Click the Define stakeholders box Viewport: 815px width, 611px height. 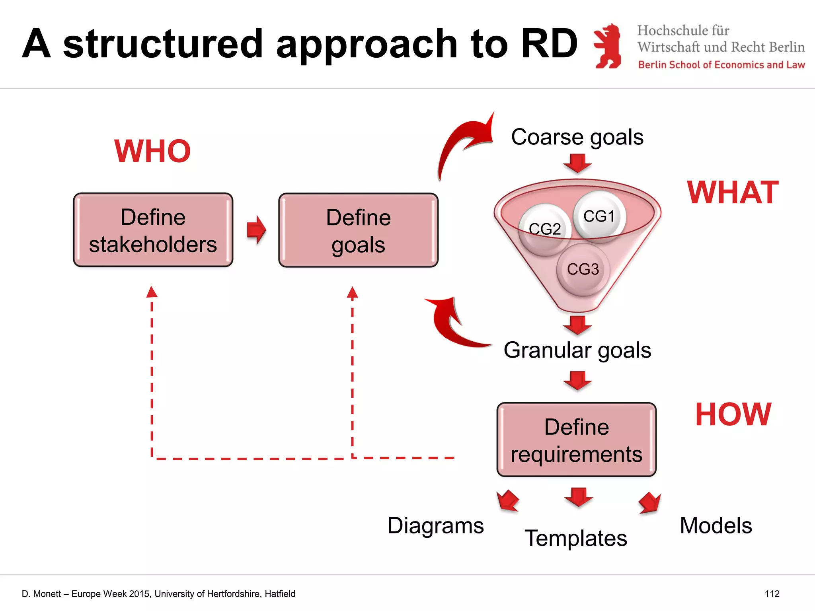coord(153,230)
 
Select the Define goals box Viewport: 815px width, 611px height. coord(358,230)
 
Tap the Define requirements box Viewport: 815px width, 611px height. coord(576,440)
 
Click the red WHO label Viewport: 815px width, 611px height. coord(152,151)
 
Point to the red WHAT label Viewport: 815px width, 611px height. coord(733,193)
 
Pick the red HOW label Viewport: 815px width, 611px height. coord(733,414)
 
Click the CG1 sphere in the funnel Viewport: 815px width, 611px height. coord(599,216)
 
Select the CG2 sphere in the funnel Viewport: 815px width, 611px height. coord(545,229)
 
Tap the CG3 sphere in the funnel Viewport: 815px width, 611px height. coord(583,269)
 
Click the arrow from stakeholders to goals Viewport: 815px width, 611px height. coord(256,230)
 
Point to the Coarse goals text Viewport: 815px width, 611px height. coord(577,137)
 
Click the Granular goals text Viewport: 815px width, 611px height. coord(577,350)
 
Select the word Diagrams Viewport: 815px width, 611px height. coord(435,525)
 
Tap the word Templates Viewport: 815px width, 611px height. coord(575,538)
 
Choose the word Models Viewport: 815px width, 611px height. coord(716,525)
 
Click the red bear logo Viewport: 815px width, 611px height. coord(608,46)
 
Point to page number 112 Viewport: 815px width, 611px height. coord(772,594)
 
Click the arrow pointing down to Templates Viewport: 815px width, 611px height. coord(578,496)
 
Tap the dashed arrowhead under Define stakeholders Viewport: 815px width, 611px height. coord(152,292)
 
